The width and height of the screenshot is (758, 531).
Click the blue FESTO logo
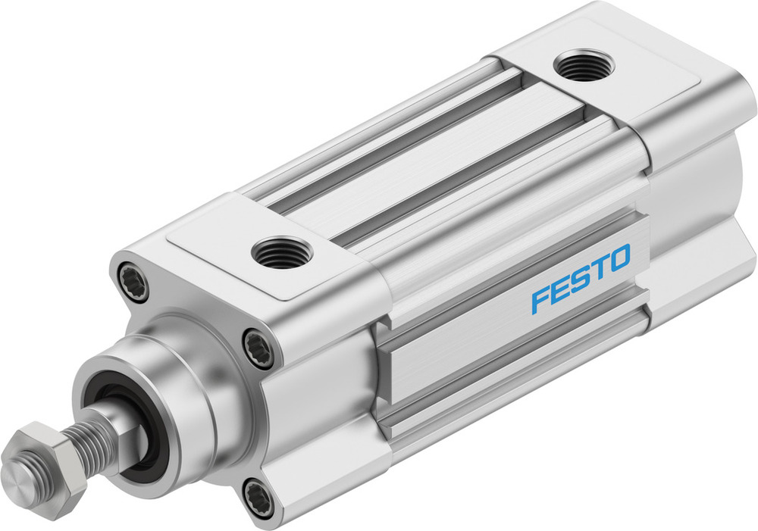tap(581, 278)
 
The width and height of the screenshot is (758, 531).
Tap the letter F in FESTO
tap(539, 298)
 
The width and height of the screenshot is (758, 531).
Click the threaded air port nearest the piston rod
tap(280, 252)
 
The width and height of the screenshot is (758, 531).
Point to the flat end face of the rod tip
tap(18, 476)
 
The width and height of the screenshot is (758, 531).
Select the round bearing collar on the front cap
tap(182, 379)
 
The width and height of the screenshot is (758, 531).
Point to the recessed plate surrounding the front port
tap(227, 242)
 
